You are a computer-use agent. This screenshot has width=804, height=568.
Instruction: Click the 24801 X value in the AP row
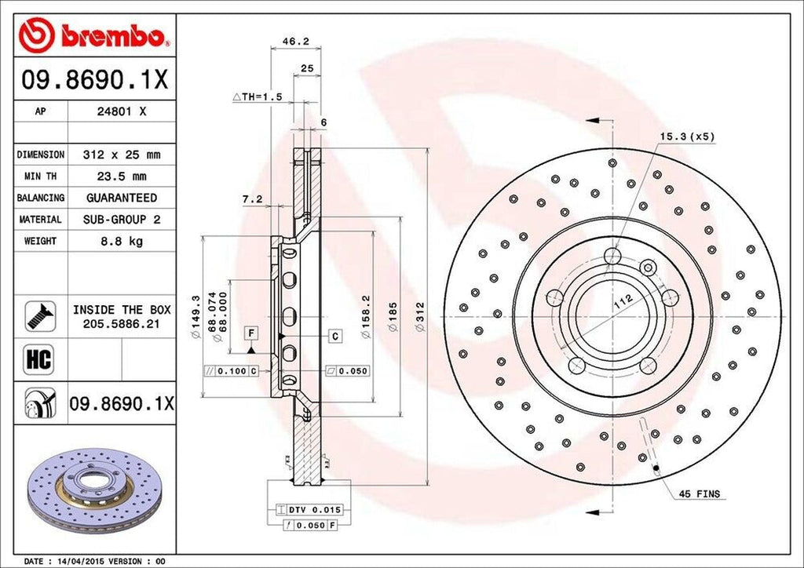[x=121, y=111]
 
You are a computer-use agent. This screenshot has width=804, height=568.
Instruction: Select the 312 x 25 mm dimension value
[x=121, y=155]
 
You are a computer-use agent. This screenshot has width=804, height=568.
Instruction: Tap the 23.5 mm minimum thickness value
[x=121, y=176]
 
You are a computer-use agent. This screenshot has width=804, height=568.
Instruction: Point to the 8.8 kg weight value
[x=121, y=241]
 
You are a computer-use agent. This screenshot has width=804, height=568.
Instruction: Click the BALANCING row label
[x=41, y=198]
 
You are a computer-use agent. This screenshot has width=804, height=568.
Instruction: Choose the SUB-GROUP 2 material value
[x=121, y=220]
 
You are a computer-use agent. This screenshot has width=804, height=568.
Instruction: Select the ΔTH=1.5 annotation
[x=257, y=96]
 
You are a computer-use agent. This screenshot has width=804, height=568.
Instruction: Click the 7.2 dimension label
[x=252, y=199]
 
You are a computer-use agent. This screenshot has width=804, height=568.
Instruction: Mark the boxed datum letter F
[x=250, y=333]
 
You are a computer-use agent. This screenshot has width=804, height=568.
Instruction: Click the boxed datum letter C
[x=334, y=336]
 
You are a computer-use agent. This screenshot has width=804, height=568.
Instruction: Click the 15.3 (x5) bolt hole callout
[x=687, y=136]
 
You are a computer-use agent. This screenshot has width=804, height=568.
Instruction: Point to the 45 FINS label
[x=700, y=494]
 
